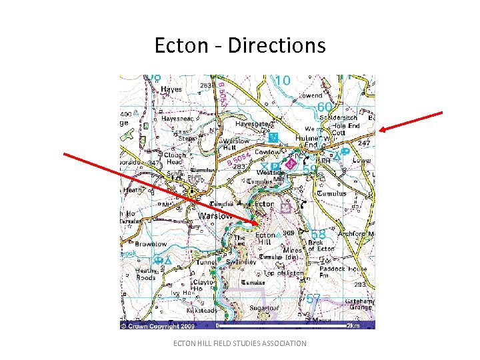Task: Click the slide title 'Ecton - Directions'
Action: pos(240,45)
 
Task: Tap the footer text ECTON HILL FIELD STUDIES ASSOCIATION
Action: pos(240,343)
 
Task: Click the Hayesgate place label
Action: pos(253,124)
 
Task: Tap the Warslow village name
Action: pos(215,216)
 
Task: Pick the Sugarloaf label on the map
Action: pos(264,309)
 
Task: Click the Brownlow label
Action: pos(151,244)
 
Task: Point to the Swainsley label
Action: pos(241,262)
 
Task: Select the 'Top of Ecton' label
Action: pos(283,273)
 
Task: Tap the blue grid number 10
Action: pos(283,81)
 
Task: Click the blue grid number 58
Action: pos(319,235)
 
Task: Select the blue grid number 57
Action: pos(313,298)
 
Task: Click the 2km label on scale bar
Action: pos(353,327)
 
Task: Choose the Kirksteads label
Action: pos(197,311)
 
